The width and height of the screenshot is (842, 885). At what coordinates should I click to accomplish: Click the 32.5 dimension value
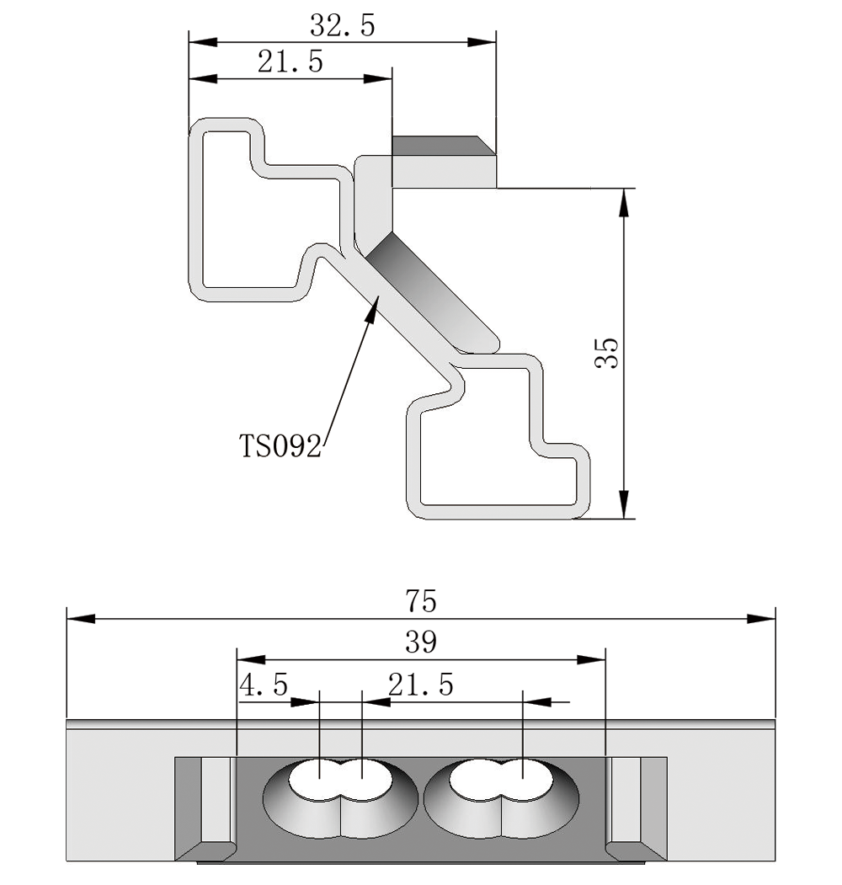point(343,26)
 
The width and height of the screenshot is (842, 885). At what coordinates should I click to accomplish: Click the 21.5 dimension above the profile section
point(290,63)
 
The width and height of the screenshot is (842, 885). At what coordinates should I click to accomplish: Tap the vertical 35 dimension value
point(607,354)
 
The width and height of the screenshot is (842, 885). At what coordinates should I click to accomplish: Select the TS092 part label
point(280,445)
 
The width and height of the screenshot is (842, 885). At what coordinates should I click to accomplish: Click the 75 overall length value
point(421,601)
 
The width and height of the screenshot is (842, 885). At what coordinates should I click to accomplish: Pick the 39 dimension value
point(421,642)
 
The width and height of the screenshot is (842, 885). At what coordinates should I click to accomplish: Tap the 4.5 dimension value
point(264,685)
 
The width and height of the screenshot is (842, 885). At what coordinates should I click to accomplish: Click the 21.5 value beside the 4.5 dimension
point(420,685)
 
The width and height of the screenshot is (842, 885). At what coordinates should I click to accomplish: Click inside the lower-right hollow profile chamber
point(488,472)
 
